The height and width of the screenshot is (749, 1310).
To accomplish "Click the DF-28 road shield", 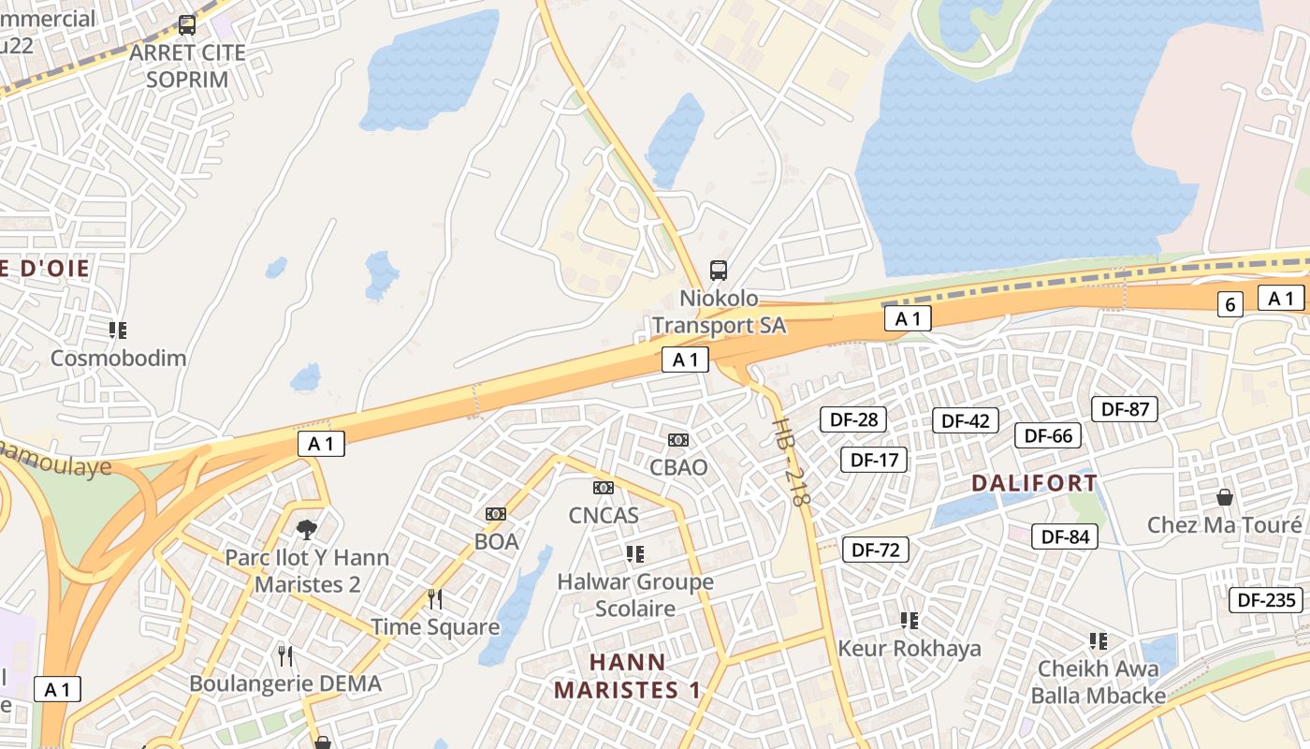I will coord(853,419).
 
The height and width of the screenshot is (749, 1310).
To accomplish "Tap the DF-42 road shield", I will coord(966,421).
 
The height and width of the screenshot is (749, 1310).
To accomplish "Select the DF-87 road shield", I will coord(1125,409).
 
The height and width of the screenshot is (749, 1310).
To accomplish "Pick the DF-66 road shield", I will coord(1048,435).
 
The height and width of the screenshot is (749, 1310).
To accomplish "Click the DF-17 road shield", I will coord(874,460).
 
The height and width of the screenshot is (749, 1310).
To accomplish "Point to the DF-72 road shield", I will coord(876,550).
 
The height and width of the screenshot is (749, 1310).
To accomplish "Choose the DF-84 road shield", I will coord(1065,536).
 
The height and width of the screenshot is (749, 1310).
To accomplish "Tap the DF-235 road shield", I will coord(1267,600).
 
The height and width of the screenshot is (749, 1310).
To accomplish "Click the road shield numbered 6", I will coord(1230,304).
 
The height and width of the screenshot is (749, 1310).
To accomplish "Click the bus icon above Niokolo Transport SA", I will coord(719,271).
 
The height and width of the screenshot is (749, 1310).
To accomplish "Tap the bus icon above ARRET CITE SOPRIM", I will coord(187,25).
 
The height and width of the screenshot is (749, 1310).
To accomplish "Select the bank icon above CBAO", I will coord(678,440).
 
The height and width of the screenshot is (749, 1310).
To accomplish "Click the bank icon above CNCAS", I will coord(604,488).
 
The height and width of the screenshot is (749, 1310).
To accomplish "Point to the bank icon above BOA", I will coord(496,514).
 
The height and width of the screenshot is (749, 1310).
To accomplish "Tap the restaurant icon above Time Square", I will coord(434,598).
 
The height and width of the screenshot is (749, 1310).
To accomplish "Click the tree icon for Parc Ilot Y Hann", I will coord(306,530).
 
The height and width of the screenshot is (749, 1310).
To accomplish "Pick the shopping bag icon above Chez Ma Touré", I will coord(1224,497).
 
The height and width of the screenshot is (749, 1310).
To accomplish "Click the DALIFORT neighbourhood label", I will coord(1034,483).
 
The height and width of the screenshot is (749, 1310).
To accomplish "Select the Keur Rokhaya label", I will coord(909,649).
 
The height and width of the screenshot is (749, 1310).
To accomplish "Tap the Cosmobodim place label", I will coord(118,358).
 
